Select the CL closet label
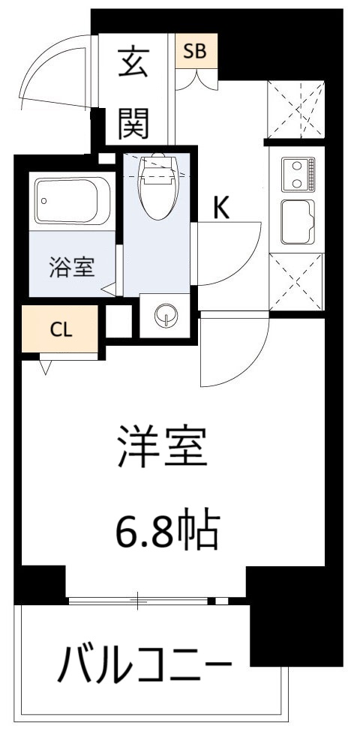[61, 331]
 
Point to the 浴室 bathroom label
[72, 268]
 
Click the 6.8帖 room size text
[166, 532]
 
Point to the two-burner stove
[298, 174]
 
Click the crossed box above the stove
[297, 109]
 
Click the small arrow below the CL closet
[46, 366]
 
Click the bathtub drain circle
[46, 201]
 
